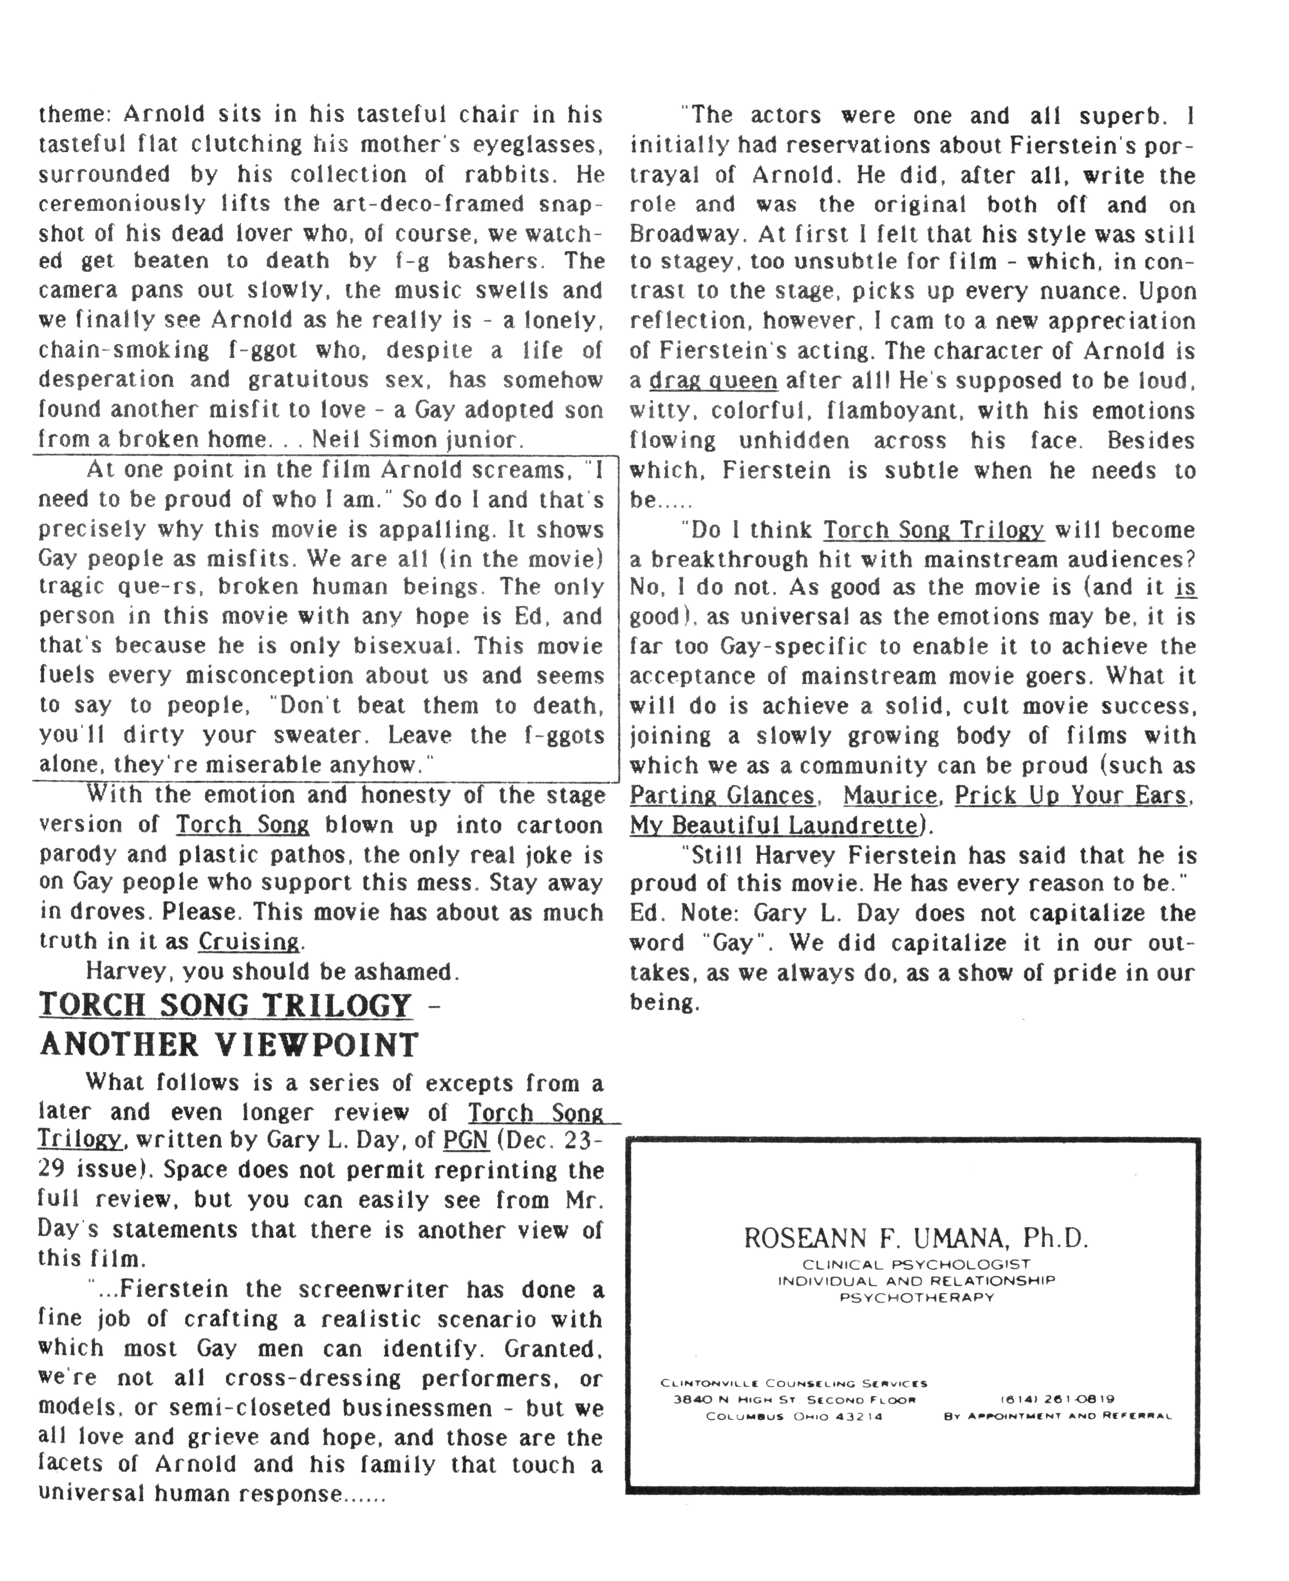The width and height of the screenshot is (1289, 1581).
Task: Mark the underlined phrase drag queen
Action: click(713, 381)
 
